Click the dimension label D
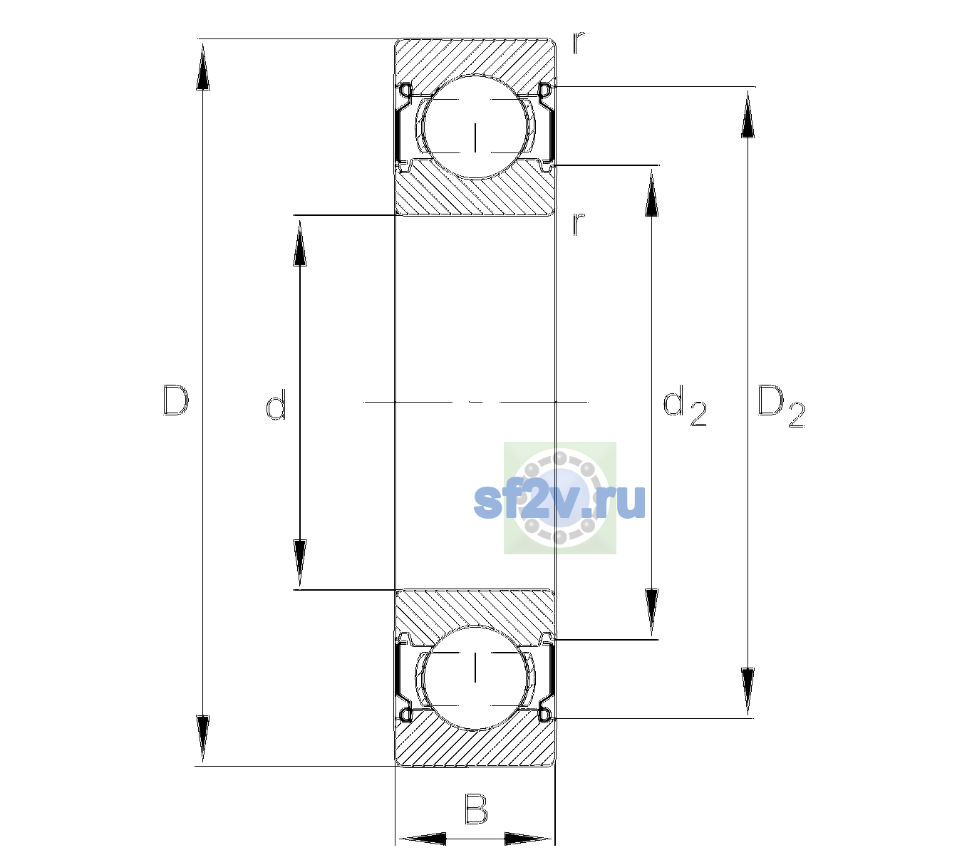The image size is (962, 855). (176, 400)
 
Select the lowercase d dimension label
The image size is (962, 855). (276, 405)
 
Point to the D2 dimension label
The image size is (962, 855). (780, 406)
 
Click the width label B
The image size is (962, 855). (476, 809)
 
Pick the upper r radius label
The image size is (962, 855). (579, 42)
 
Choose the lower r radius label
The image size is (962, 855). (579, 224)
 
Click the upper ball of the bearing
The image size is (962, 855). (475, 126)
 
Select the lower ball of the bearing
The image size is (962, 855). (475, 678)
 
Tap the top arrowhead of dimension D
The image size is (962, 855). (203, 66)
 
